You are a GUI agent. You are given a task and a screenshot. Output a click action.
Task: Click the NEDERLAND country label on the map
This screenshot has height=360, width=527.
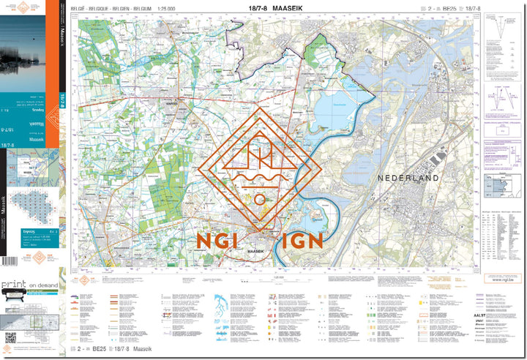coord(408,178)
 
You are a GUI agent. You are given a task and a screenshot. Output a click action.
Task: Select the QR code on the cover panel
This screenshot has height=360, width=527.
coord(10,338)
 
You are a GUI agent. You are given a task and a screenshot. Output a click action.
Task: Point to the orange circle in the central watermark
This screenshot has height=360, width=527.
coord(260,199)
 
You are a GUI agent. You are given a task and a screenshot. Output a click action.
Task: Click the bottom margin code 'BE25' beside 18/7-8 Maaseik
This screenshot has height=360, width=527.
coord(99,351)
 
